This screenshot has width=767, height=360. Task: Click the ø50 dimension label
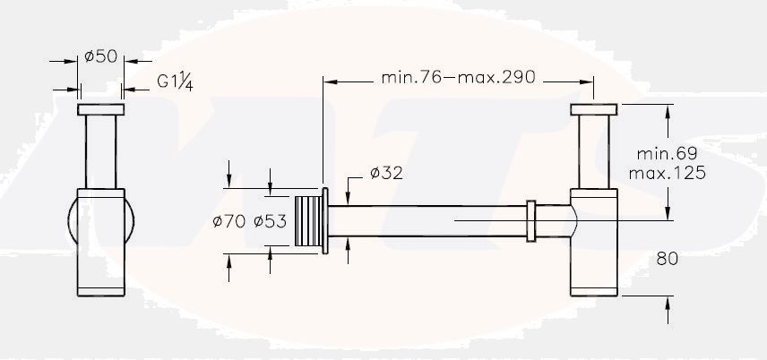101,56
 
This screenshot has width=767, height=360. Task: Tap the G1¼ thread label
177,81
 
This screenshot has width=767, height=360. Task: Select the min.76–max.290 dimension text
458,77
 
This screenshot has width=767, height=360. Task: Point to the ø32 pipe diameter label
385,174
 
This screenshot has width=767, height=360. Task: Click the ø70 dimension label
230,221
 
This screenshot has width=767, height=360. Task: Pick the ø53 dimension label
270,221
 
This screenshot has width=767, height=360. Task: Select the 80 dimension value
667,258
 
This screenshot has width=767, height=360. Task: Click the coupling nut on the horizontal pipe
531,221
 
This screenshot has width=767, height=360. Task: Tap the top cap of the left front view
101,110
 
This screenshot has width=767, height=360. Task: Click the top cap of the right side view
592,110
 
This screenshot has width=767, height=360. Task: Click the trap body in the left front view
101,242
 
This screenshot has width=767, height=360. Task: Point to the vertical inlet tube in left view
101,152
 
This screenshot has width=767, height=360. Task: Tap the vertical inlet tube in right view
592,152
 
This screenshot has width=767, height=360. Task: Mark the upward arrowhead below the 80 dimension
667,304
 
